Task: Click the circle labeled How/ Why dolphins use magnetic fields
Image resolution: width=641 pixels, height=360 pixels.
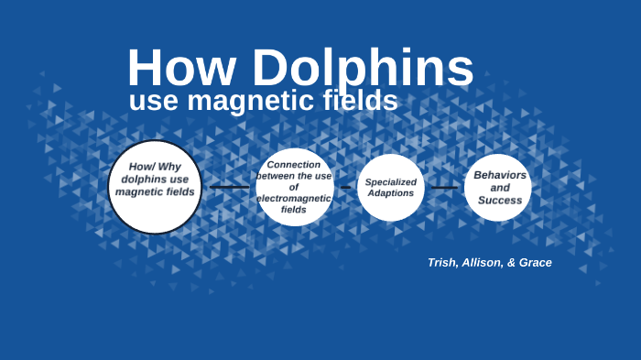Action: coord(155,186)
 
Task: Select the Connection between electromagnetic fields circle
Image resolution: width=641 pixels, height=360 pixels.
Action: coord(294,187)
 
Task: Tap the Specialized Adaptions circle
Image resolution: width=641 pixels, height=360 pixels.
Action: coord(391,187)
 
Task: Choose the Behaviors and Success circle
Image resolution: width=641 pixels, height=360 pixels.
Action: coord(498,187)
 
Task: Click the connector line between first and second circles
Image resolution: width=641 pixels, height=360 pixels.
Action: coord(229,187)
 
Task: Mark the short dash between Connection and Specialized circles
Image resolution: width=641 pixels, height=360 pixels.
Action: coord(345,188)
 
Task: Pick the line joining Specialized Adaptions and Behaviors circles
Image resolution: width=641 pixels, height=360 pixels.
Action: coord(444,188)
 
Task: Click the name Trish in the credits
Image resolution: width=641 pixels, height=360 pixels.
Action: coord(442,263)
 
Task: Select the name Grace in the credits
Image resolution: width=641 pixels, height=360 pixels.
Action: coord(535,263)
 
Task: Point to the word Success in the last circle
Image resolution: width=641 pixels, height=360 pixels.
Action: coord(499,200)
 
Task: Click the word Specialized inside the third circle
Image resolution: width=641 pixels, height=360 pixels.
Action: coord(391,181)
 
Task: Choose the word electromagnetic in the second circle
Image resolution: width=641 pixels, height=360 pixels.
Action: coord(294,198)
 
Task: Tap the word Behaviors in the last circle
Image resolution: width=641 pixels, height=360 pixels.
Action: coord(500,174)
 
